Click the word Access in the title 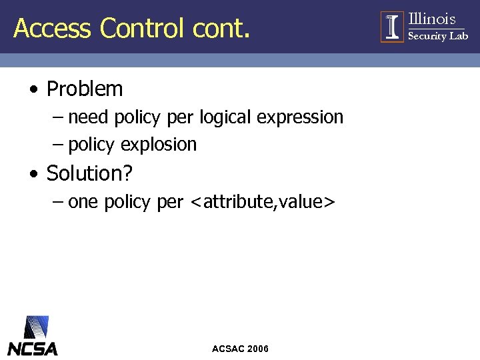[x=52, y=28]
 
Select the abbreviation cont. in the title [x=221, y=28]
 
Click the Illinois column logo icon [x=392, y=27]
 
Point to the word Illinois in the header [x=432, y=19]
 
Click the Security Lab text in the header [x=437, y=36]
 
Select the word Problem [x=85, y=89]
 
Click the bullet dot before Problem [x=33, y=89]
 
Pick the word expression [x=300, y=118]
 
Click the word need [x=89, y=117]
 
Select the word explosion [x=159, y=145]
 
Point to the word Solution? [x=89, y=174]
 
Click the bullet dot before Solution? [x=33, y=175]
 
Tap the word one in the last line [x=83, y=202]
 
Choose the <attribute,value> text [x=262, y=202]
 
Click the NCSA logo [x=32, y=336]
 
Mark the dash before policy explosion [x=57, y=145]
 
